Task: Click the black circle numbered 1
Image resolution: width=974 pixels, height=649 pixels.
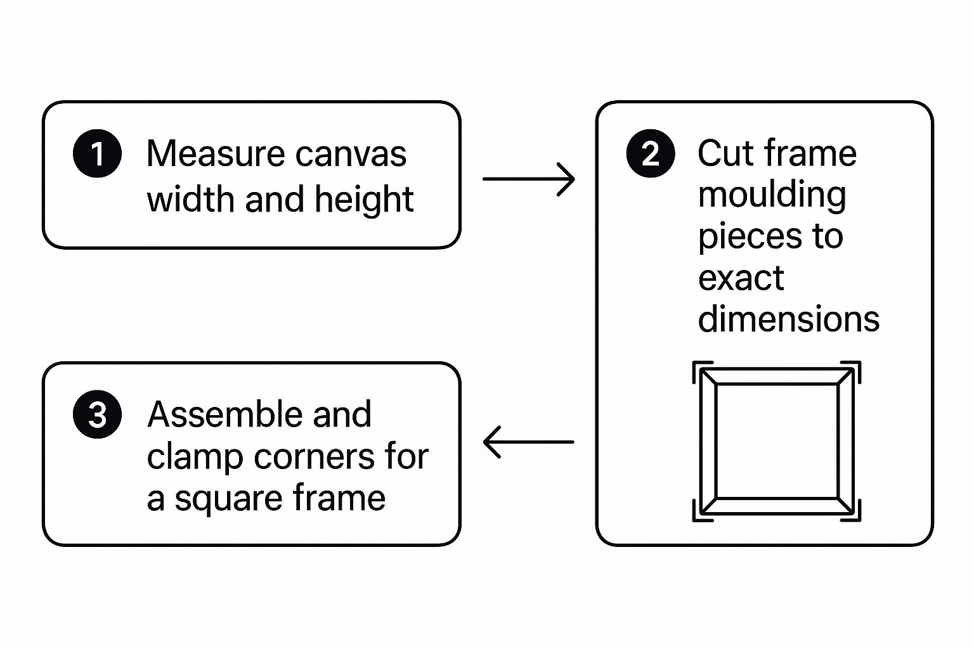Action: tap(98, 153)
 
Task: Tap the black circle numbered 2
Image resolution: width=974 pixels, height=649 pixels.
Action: tap(651, 153)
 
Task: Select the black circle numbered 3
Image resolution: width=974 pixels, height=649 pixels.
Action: tap(98, 414)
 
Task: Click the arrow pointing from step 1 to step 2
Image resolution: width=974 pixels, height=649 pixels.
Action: tap(529, 179)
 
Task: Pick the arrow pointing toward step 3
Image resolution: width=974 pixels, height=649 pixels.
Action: tap(529, 442)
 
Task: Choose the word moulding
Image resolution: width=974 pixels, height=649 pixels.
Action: tap(772, 196)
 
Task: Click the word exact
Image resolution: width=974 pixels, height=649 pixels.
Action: tap(741, 278)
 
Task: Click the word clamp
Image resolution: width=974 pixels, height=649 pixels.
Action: tap(195, 458)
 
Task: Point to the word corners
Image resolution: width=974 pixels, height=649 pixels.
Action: tap(314, 458)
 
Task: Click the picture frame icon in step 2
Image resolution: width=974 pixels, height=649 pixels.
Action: tap(777, 441)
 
